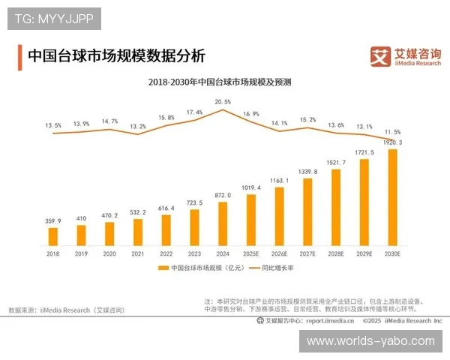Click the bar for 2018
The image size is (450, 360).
tap(53, 236)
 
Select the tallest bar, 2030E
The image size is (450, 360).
tap(391, 197)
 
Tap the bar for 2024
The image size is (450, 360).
tap(223, 223)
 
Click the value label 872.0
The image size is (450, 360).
tap(223, 195)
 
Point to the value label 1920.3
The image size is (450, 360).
tap(391, 142)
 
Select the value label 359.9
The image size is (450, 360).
tap(53, 220)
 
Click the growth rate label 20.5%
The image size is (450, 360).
tap(223, 101)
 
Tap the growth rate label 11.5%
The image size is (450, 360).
tap(392, 131)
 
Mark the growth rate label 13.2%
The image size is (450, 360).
tap(138, 127)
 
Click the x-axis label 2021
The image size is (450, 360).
tap(138, 254)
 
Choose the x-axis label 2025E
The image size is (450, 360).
tap(251, 254)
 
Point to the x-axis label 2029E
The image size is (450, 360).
tap(364, 254)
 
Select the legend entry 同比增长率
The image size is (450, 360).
tap(278, 267)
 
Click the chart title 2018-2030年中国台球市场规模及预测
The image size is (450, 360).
tap(220, 81)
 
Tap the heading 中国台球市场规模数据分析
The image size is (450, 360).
tap(116, 56)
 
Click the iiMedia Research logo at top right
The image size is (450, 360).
tap(406, 56)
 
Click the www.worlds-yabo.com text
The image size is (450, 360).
tap(370, 341)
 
